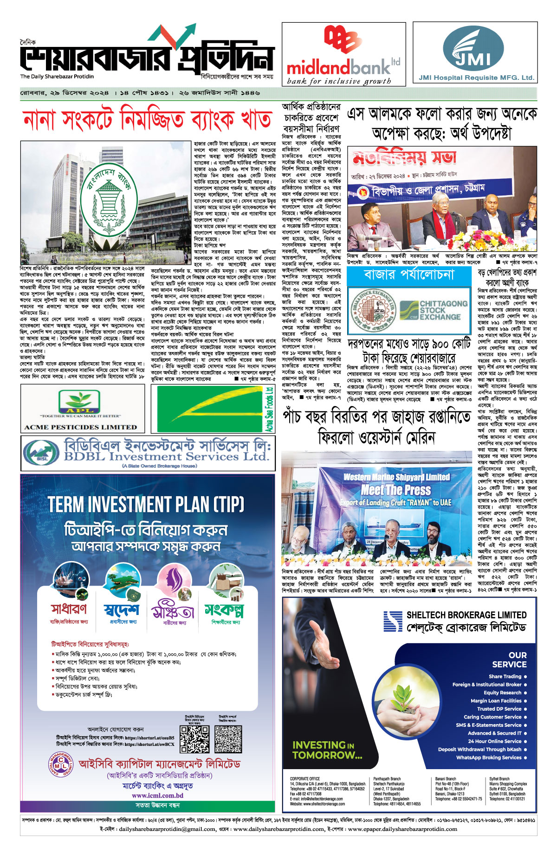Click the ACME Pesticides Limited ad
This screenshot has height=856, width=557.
click(x=81, y=408)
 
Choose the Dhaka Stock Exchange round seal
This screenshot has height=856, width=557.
click(x=372, y=310)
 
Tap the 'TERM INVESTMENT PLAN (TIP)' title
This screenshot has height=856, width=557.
click(x=146, y=504)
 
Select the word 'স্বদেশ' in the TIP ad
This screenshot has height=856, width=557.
click(x=122, y=609)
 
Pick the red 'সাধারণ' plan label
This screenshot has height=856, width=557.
click(x=69, y=608)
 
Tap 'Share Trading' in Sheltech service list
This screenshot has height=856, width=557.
click(x=505, y=676)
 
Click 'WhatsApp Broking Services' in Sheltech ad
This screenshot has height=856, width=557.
click(x=489, y=758)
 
